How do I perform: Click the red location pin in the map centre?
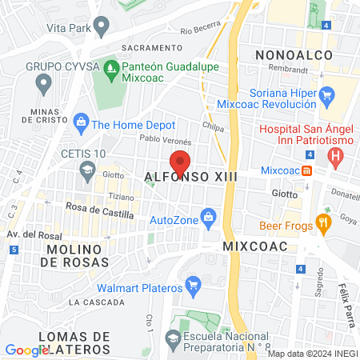[180, 162]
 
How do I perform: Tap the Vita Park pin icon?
[101, 27]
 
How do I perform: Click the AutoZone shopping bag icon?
[209, 217]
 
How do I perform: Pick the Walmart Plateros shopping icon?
[192, 285]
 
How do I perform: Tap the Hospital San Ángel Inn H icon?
[336, 154]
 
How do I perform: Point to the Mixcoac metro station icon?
[307, 171]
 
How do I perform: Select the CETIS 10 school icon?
[87, 169]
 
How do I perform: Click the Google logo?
[26, 350]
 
